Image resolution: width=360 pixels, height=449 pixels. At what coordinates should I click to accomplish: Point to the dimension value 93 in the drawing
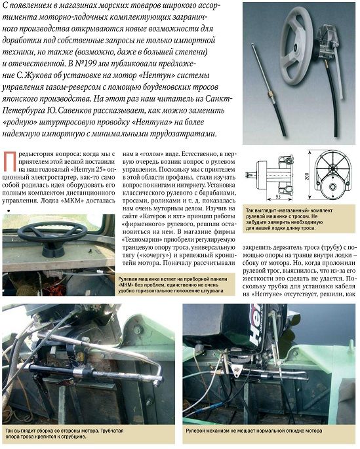(x=277, y=197)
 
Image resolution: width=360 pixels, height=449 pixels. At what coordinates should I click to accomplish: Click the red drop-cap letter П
(x=9, y=162)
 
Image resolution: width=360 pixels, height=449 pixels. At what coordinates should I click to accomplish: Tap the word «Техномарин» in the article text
(x=139, y=239)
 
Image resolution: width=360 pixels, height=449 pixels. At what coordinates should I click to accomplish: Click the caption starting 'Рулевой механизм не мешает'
(x=254, y=431)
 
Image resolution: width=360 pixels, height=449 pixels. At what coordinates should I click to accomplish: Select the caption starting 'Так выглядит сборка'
(x=64, y=433)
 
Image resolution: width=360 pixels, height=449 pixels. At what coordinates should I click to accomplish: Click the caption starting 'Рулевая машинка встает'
(x=172, y=284)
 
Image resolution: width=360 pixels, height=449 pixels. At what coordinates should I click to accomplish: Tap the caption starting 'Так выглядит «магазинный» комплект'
(x=289, y=220)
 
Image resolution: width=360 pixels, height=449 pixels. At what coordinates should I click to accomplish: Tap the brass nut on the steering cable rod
(x=270, y=94)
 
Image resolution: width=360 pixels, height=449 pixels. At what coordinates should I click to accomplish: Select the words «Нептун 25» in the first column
(x=89, y=170)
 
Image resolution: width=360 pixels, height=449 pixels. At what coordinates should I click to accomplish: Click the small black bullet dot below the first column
(x=9, y=211)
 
